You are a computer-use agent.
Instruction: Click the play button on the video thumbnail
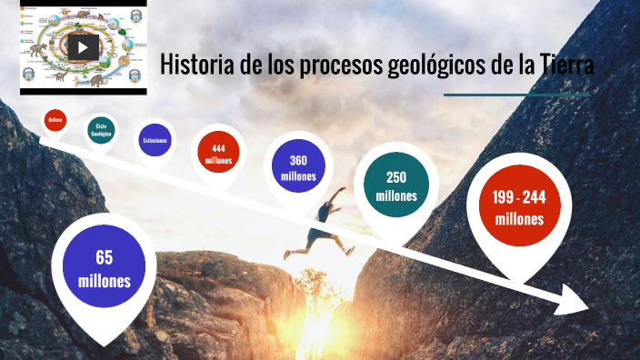[83, 46]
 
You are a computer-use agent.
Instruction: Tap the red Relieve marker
[55, 119]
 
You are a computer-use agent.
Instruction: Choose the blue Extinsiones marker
[155, 140]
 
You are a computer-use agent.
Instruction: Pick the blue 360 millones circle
[297, 167]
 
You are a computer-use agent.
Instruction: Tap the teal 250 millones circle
[395, 186]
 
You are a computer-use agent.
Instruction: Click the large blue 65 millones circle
[104, 269]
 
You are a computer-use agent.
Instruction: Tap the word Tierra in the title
[565, 65]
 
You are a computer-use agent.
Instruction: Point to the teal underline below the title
[519, 95]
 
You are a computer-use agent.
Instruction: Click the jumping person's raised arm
[338, 195]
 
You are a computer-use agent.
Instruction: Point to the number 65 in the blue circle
[104, 258]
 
